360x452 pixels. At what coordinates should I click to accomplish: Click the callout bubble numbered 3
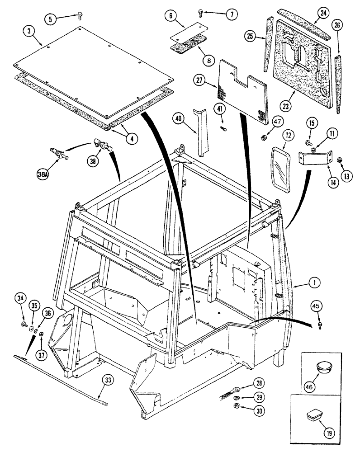[29, 32]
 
